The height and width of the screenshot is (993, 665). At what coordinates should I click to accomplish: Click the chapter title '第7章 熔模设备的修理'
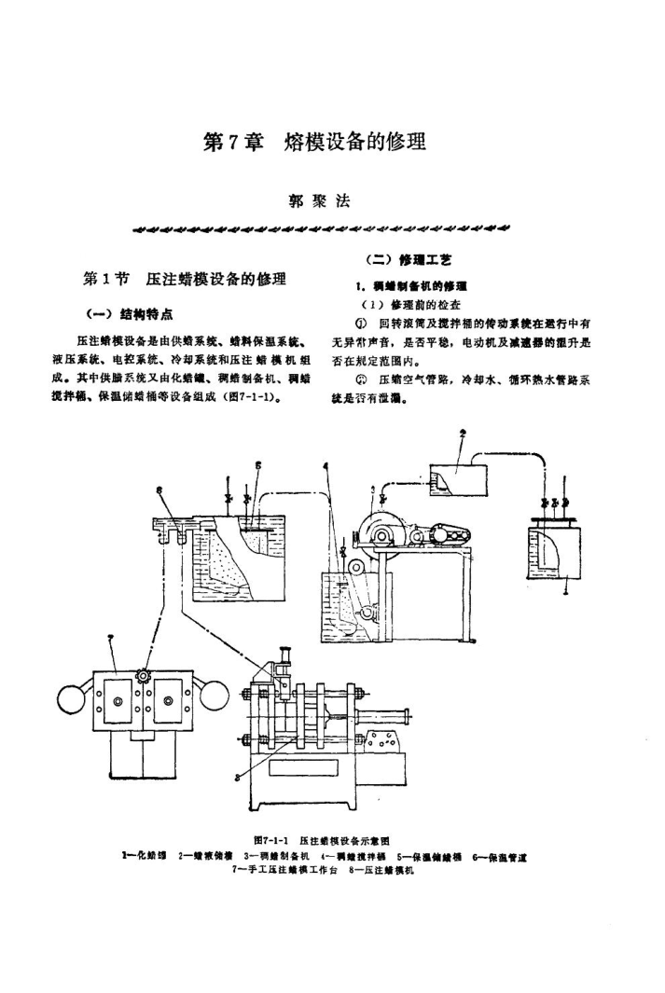pos(314,143)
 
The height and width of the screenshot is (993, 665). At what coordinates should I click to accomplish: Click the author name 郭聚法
pos(324,200)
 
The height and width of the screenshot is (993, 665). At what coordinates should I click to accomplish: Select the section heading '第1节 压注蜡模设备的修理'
pos(185,280)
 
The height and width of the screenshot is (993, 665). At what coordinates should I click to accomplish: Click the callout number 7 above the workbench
pos(111,636)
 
